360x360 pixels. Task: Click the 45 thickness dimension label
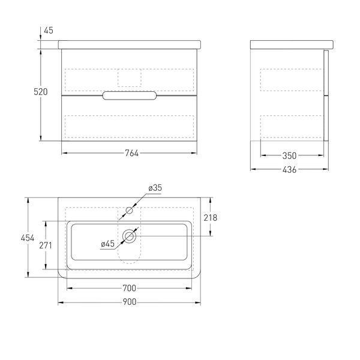pyautogui.click(x=49, y=31)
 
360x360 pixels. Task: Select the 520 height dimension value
pyautogui.click(x=41, y=92)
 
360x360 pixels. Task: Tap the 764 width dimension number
pyautogui.click(x=132, y=153)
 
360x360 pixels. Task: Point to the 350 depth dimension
pyautogui.click(x=289, y=156)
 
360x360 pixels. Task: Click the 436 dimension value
pyautogui.click(x=289, y=170)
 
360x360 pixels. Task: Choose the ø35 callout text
pyautogui.click(x=155, y=188)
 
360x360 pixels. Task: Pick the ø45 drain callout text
pyautogui.click(x=107, y=244)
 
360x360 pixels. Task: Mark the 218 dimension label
pyautogui.click(x=211, y=218)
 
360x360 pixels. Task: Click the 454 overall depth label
pyautogui.click(x=28, y=238)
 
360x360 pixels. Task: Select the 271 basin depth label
pyautogui.click(x=46, y=245)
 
